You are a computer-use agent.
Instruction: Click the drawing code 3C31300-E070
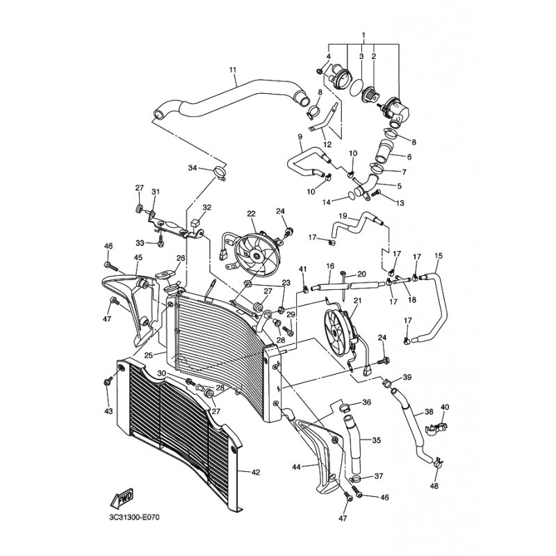(135, 518)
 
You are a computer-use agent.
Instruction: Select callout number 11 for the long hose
(233, 69)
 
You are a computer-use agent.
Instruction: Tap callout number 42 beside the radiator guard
(255, 473)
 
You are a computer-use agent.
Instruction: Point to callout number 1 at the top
(363, 35)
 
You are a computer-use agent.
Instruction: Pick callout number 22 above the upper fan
(251, 213)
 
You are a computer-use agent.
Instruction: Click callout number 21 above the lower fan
(357, 301)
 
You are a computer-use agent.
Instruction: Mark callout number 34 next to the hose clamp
(193, 167)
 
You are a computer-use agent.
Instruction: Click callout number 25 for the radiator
(149, 355)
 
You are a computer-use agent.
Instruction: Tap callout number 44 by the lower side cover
(296, 467)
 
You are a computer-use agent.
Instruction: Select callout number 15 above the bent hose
(439, 255)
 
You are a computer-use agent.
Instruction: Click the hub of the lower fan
(334, 334)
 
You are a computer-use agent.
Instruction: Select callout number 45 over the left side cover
(138, 257)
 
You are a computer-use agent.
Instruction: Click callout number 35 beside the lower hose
(376, 440)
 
